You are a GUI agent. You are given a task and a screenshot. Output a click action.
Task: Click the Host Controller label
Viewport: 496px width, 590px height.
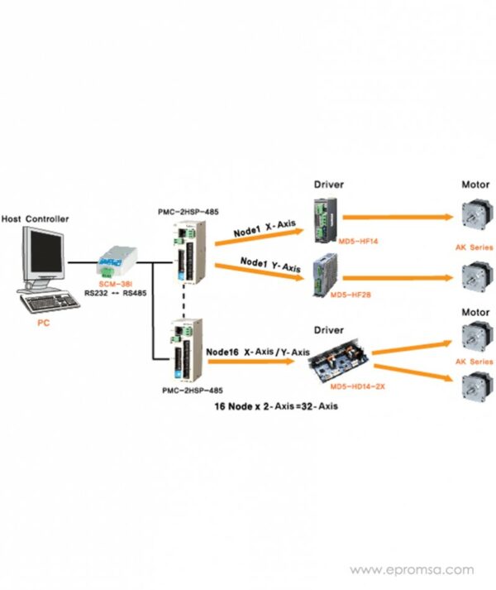35,219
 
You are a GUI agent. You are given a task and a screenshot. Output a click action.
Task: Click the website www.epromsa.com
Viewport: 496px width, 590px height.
412,570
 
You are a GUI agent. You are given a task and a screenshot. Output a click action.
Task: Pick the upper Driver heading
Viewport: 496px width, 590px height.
329,184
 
